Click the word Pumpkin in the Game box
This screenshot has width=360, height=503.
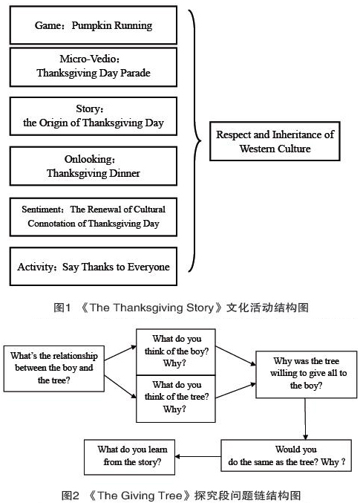click(90, 26)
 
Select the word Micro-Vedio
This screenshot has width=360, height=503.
click(88, 59)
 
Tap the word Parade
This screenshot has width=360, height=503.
click(135, 73)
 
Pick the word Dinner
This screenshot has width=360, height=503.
click(125, 173)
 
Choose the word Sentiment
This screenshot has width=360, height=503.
click(42, 210)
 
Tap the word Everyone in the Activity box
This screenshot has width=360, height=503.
click(148, 267)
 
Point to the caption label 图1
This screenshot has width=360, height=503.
click(62, 308)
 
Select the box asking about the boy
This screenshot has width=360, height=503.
click(176, 352)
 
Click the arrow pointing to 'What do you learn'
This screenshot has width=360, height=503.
click(197, 456)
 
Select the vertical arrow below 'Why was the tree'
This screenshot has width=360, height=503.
click(305, 419)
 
